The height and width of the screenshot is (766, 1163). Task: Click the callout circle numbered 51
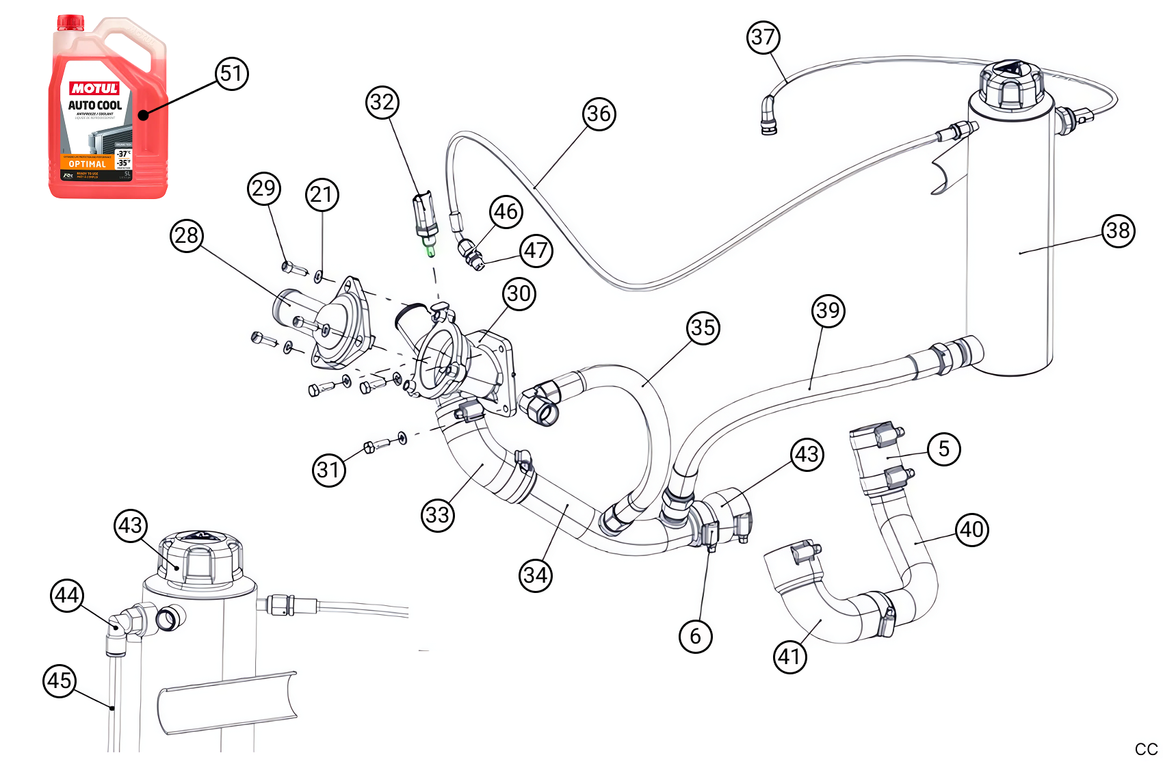point(232,74)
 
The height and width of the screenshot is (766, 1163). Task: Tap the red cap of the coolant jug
point(70,23)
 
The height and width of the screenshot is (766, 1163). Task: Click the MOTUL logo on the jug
point(94,88)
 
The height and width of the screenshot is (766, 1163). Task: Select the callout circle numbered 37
point(763,37)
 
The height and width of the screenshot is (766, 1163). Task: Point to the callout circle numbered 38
point(1118,230)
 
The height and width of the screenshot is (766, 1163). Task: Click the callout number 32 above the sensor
point(382,103)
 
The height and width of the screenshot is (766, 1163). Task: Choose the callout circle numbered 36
point(599,114)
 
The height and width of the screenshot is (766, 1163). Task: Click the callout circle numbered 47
point(536,251)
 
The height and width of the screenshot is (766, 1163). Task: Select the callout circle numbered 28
point(187,236)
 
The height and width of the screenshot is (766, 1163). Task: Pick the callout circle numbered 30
point(519,294)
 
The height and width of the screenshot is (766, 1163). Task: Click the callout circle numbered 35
point(703,328)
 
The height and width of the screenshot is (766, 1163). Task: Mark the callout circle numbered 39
point(828,311)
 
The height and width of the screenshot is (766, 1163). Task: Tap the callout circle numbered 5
point(944,449)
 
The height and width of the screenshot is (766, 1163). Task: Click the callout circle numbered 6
point(695,637)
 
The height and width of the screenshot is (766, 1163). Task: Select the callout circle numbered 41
point(789,657)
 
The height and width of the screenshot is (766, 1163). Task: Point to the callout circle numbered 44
point(67,596)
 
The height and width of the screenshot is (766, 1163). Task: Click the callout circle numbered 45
point(60,681)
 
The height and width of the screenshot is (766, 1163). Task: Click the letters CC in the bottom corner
point(1146,750)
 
